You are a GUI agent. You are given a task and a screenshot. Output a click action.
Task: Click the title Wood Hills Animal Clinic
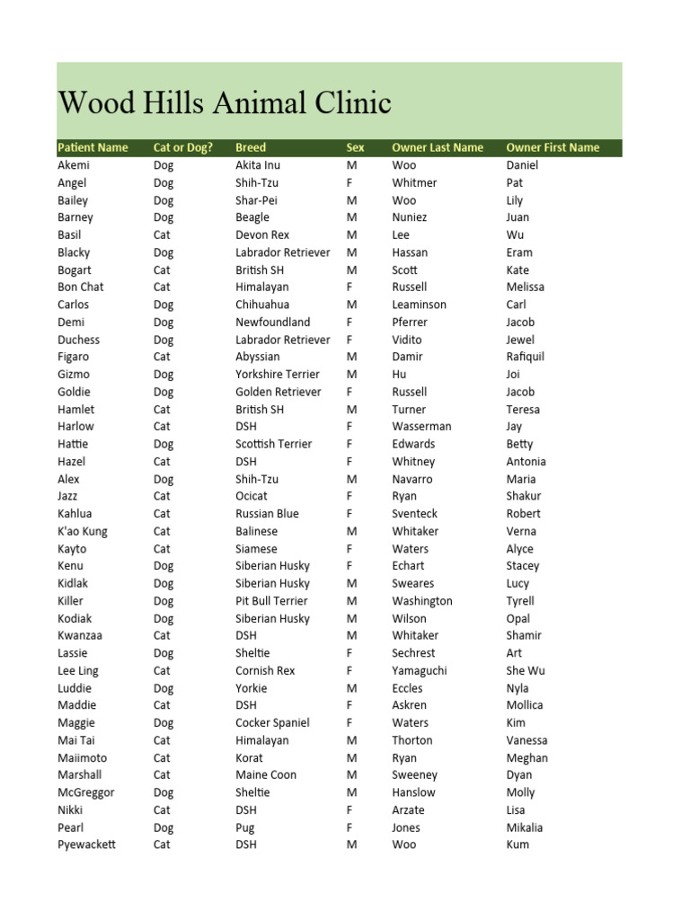(225, 103)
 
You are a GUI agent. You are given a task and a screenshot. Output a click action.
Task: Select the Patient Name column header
(93, 147)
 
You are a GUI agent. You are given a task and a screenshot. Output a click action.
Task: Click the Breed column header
(251, 147)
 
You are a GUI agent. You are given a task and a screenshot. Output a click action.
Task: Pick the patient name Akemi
(74, 165)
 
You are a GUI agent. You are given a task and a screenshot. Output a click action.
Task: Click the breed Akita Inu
(258, 165)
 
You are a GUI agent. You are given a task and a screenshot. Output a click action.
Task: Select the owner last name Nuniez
(410, 217)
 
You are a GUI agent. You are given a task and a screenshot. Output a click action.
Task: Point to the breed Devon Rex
(262, 234)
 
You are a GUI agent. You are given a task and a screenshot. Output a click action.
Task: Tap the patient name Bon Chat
(81, 287)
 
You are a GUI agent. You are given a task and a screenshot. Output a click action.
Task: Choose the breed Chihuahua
(262, 305)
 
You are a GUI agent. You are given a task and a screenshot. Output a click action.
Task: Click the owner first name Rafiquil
(526, 357)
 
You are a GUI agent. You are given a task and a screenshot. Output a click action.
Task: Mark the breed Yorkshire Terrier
(278, 375)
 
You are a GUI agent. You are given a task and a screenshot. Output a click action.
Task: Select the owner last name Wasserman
(421, 427)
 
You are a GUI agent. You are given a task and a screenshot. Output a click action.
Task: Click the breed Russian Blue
(267, 514)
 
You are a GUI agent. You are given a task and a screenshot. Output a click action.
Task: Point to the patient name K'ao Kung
(83, 531)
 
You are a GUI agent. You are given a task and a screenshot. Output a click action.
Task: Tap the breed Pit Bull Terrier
(271, 601)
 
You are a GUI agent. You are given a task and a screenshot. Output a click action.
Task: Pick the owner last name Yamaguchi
(419, 670)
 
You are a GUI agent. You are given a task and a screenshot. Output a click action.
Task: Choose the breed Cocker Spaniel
(272, 722)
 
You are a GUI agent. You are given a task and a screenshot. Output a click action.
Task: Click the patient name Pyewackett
(87, 845)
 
